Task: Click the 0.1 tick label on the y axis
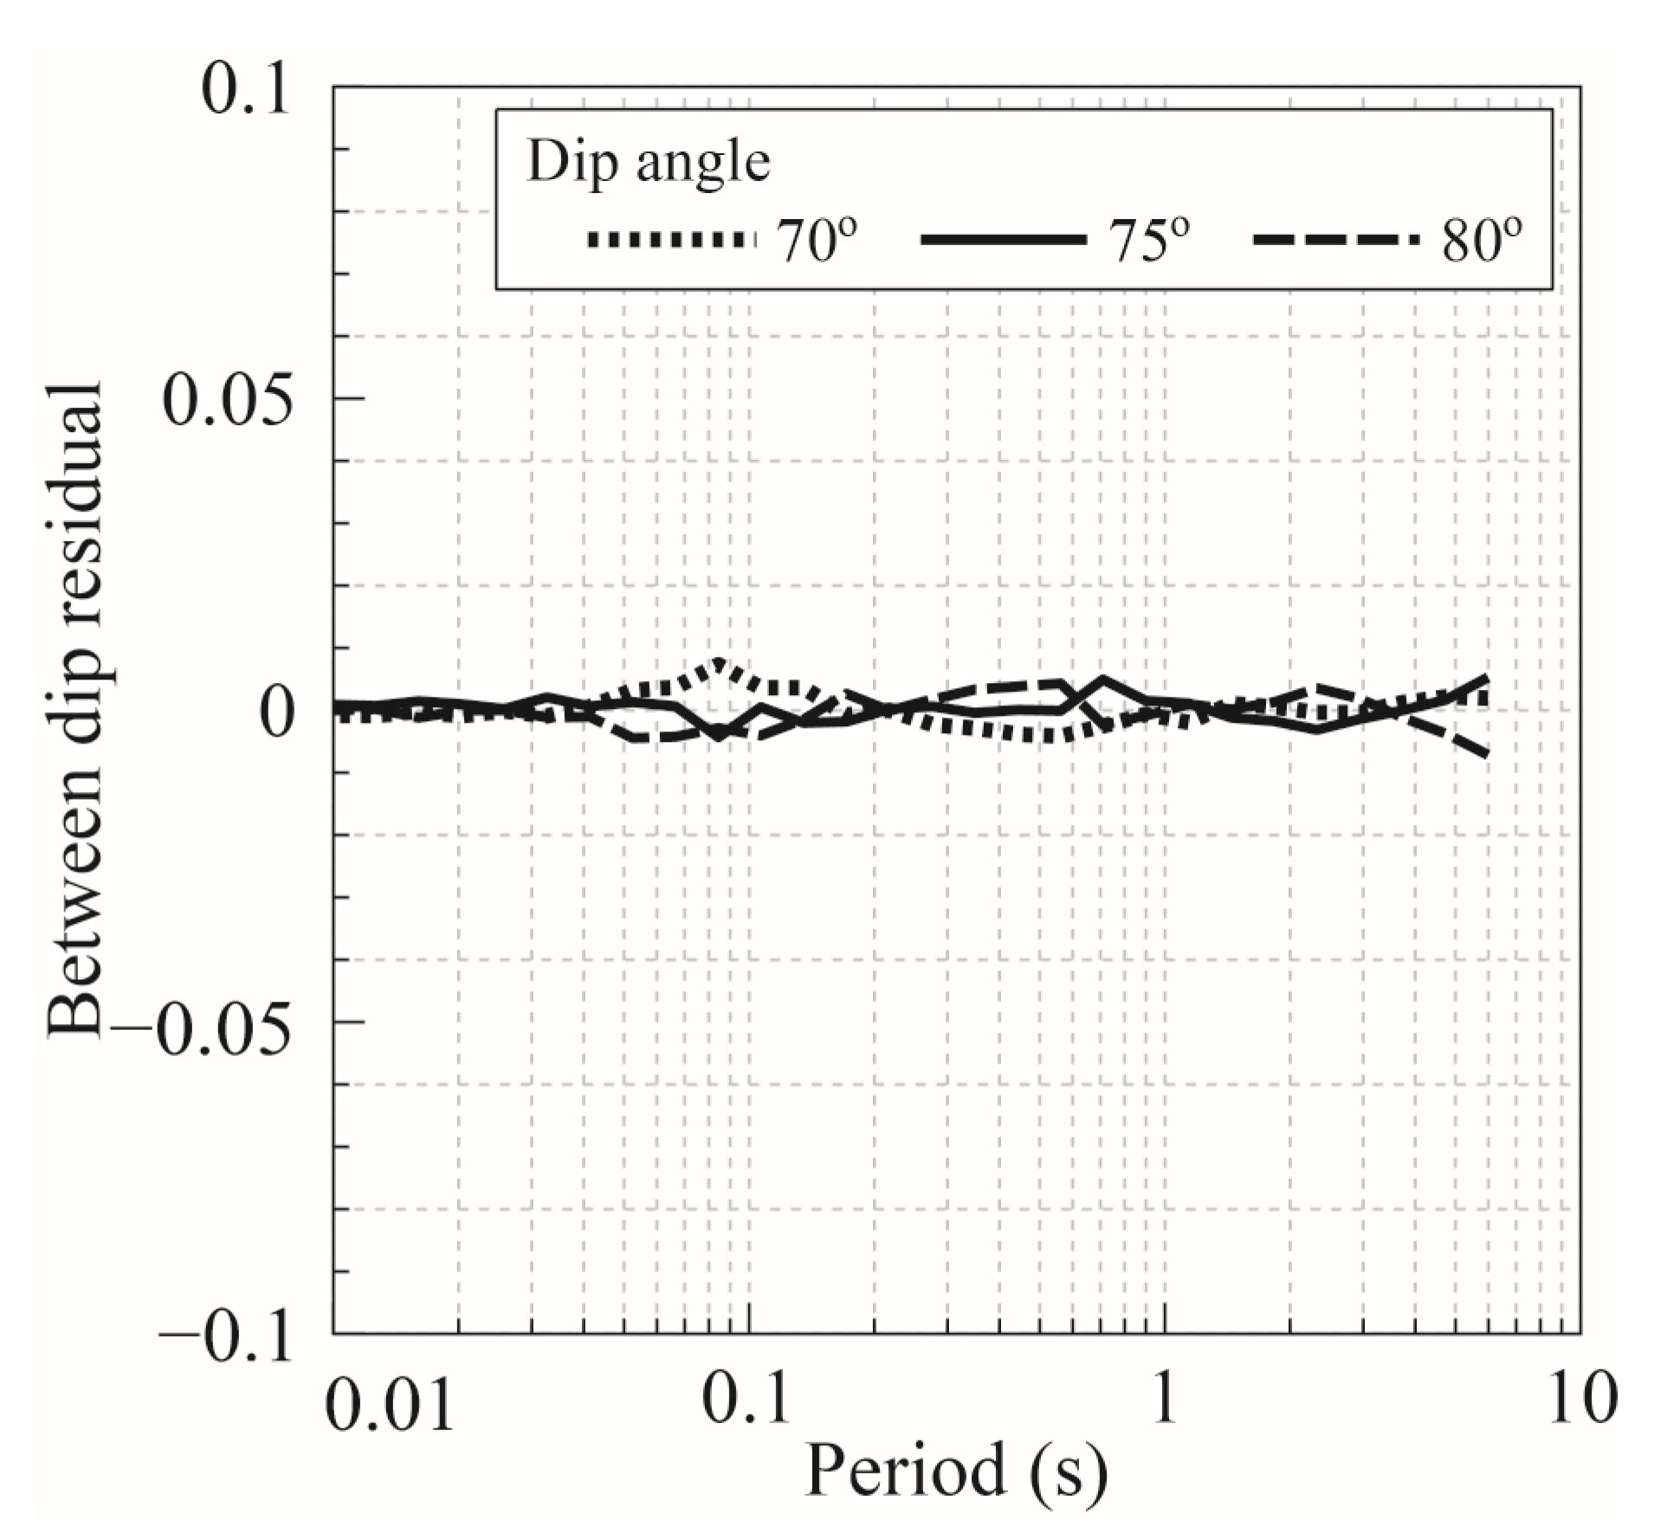244,91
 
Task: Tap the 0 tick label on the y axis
275,712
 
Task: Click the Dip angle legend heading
648,161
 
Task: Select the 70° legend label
817,242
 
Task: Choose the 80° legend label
1482,242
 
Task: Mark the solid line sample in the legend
1003,240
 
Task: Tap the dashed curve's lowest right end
1486,754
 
